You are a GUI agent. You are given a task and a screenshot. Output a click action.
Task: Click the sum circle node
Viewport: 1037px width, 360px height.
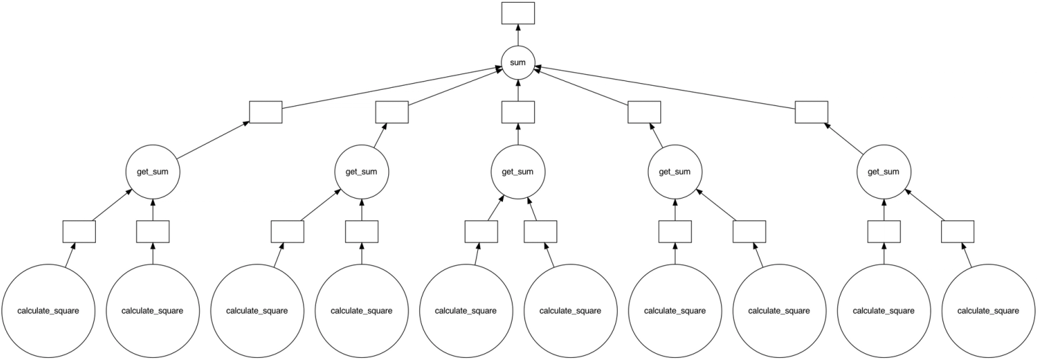click(x=518, y=63)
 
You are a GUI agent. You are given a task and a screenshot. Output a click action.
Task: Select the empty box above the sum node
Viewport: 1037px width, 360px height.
click(x=518, y=13)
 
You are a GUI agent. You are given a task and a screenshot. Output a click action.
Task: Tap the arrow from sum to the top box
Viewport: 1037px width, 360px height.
click(x=518, y=35)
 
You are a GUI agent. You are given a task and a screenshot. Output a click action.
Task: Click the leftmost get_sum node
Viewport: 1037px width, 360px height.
click(x=153, y=172)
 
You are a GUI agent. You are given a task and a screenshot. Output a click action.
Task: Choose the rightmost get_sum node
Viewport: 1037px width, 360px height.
click(x=884, y=172)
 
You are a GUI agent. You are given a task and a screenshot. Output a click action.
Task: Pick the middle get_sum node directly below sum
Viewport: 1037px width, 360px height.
click(x=518, y=172)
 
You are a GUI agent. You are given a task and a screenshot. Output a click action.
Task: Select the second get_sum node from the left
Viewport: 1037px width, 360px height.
click(x=361, y=172)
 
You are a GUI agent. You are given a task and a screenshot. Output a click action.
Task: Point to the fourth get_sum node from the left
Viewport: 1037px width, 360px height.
click(x=674, y=172)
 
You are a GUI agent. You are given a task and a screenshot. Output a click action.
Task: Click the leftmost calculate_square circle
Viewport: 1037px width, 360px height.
click(x=49, y=311)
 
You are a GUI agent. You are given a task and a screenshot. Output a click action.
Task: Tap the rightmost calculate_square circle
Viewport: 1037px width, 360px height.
click(x=988, y=311)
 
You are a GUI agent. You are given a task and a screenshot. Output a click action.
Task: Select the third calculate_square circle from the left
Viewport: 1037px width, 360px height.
click(x=257, y=311)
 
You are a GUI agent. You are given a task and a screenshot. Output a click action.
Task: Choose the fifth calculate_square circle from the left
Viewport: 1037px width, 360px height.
click(x=466, y=311)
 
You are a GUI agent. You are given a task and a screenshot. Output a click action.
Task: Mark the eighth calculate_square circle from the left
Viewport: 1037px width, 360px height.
click(x=779, y=311)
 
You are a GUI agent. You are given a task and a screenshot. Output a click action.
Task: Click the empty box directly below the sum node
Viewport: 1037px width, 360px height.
click(x=518, y=112)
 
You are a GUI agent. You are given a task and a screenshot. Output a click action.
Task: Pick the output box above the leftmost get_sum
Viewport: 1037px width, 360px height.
click(x=265, y=112)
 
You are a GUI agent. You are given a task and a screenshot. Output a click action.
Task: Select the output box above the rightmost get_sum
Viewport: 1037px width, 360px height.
click(x=811, y=112)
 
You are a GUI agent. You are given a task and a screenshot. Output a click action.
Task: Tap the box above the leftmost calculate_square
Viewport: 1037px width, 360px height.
click(x=79, y=232)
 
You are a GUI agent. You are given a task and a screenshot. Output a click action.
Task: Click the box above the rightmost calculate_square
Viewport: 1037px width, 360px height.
click(x=957, y=232)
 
